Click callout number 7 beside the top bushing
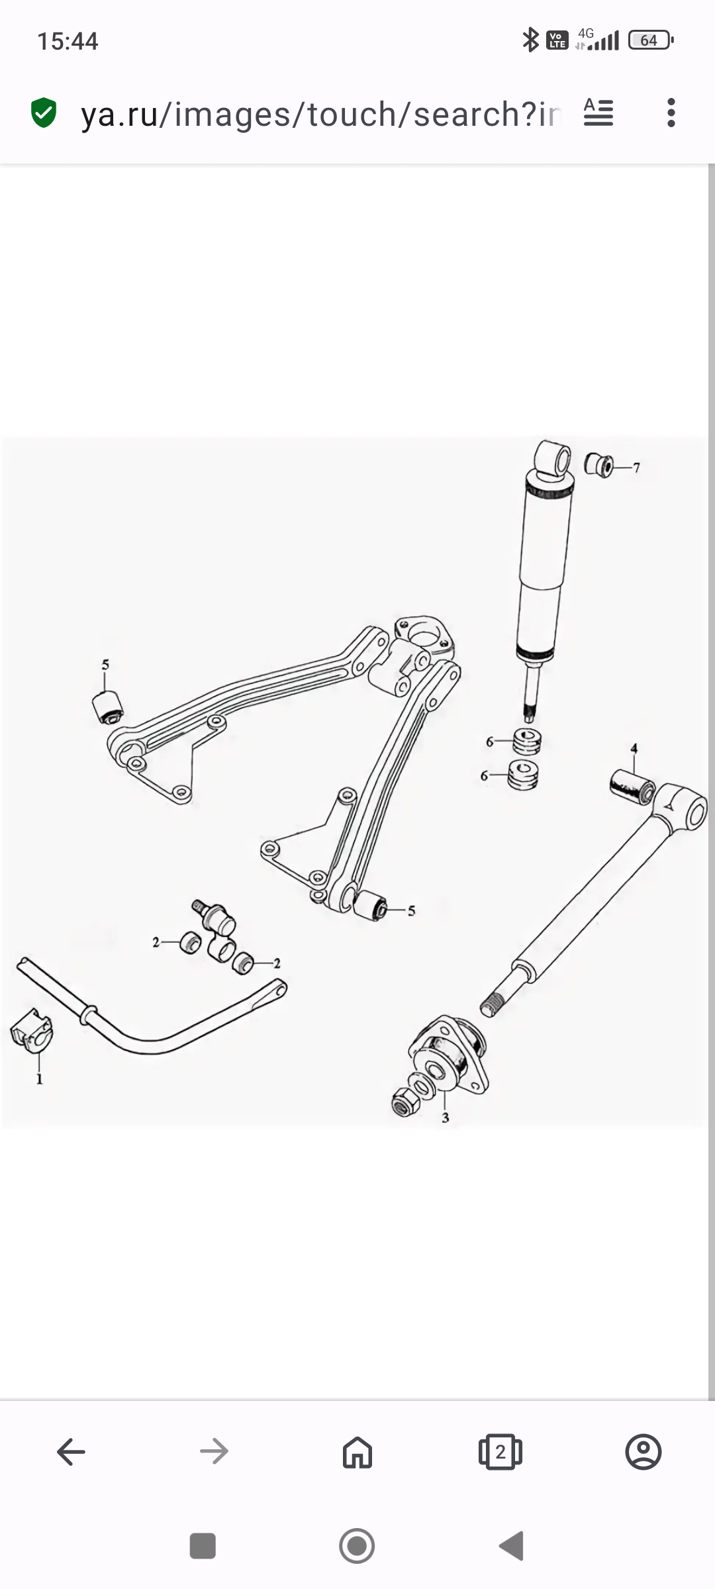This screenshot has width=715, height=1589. pos(636,468)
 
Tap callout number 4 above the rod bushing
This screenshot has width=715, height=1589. pos(634,749)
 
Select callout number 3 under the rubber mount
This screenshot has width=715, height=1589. pos(446,1118)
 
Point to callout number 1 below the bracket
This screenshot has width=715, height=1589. pos(39,1079)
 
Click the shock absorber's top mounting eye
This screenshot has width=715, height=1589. pos(553,458)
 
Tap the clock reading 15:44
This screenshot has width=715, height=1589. pos(68,41)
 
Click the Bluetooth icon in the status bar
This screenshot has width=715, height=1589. pos(530,40)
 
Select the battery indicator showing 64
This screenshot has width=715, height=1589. pos(651,40)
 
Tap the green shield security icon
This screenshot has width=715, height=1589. pos(44,113)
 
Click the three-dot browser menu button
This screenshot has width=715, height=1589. pos(671,113)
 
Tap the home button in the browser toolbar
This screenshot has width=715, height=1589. pos(358,1452)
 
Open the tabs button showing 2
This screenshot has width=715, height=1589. pos(501,1452)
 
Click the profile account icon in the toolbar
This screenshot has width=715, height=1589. pos(643,1452)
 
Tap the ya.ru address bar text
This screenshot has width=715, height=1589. pos(321,114)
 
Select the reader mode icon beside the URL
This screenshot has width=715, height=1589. pos(598,113)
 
